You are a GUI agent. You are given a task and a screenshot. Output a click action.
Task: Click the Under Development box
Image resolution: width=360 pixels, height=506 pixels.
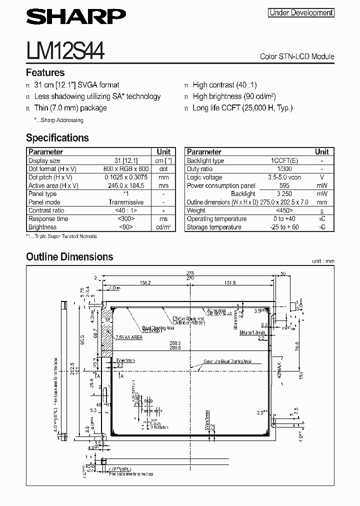(301, 13)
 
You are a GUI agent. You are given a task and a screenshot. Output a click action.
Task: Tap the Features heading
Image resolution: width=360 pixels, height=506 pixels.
(45, 72)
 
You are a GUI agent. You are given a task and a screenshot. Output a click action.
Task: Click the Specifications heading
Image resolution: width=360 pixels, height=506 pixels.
(57, 138)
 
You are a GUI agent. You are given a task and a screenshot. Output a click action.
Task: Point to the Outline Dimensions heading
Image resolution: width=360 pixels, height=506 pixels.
(69, 257)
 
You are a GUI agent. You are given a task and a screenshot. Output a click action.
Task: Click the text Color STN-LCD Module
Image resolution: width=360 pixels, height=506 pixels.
(297, 56)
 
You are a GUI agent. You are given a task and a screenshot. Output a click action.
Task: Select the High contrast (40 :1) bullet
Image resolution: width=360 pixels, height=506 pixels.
(224, 85)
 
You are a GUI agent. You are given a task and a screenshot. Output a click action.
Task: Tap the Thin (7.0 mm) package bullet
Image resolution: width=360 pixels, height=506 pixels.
(70, 107)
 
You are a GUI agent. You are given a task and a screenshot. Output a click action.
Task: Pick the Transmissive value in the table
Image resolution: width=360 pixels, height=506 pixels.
(126, 202)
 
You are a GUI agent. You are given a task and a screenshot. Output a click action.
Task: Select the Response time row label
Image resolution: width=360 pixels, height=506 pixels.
(48, 218)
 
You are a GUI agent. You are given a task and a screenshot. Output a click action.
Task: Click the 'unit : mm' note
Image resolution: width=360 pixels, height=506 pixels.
(322, 261)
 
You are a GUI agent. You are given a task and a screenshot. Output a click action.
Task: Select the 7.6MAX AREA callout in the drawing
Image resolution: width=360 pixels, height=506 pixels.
(129, 337)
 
